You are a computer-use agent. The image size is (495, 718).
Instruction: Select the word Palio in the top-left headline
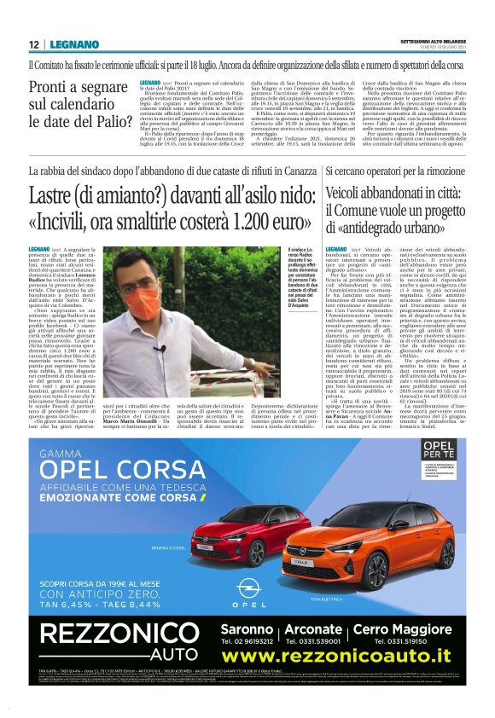pyautogui.click(x=107, y=121)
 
